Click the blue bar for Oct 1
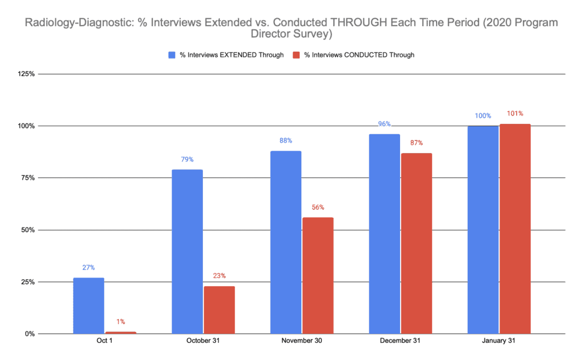click(x=89, y=305)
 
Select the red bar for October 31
click(x=219, y=309)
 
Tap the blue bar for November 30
click(x=286, y=242)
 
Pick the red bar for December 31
click(x=417, y=243)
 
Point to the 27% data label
click(x=89, y=267)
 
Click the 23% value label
click(x=219, y=276)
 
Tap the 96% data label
click(x=384, y=124)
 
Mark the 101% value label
click(x=515, y=114)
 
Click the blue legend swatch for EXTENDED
click(x=172, y=55)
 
